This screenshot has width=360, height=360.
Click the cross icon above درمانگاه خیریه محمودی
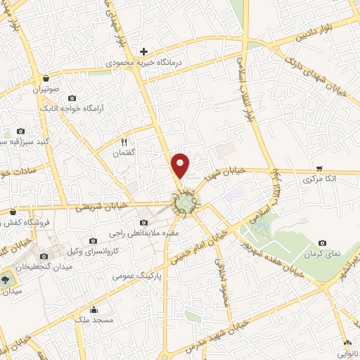(143, 51)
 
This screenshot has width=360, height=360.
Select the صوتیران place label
(46, 90)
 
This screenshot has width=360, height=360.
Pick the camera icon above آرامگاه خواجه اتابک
(72, 98)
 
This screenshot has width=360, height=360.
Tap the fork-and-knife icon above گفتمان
(124, 141)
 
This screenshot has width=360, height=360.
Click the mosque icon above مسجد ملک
(94, 310)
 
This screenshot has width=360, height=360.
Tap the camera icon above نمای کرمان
(322, 241)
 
